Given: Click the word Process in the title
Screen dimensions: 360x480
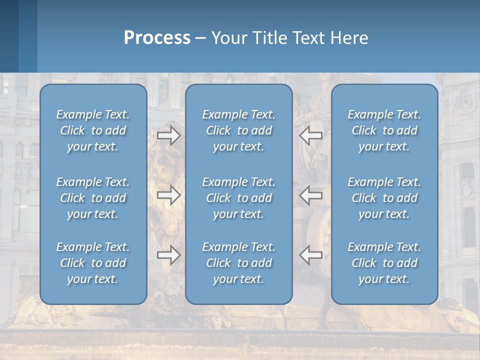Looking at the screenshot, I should click(157, 38).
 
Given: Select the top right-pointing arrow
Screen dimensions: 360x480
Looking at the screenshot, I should click(168, 135).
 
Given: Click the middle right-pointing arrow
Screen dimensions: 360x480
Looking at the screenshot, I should click(168, 194).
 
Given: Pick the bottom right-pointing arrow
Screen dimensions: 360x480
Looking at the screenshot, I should click(168, 254).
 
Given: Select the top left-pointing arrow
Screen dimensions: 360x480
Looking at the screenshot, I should click(311, 135).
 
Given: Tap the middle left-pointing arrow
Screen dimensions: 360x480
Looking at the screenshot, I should click(311, 194).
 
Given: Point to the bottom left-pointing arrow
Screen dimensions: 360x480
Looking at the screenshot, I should click(311, 254).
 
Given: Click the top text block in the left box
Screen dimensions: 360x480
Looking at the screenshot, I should click(93, 130).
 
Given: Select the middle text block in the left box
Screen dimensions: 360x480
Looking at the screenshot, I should click(93, 198).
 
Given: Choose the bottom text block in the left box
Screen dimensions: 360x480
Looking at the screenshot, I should click(93, 263).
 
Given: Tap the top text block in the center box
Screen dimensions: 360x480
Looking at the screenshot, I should click(239, 130).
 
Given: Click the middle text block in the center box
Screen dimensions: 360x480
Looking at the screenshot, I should click(239, 198).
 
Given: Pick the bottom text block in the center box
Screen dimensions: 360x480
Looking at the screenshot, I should click(239, 263).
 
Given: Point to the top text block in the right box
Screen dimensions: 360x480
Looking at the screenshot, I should click(384, 130).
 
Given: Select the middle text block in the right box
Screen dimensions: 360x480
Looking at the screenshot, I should click(384, 198).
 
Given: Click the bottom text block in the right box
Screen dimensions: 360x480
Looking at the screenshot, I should click(384, 263).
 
